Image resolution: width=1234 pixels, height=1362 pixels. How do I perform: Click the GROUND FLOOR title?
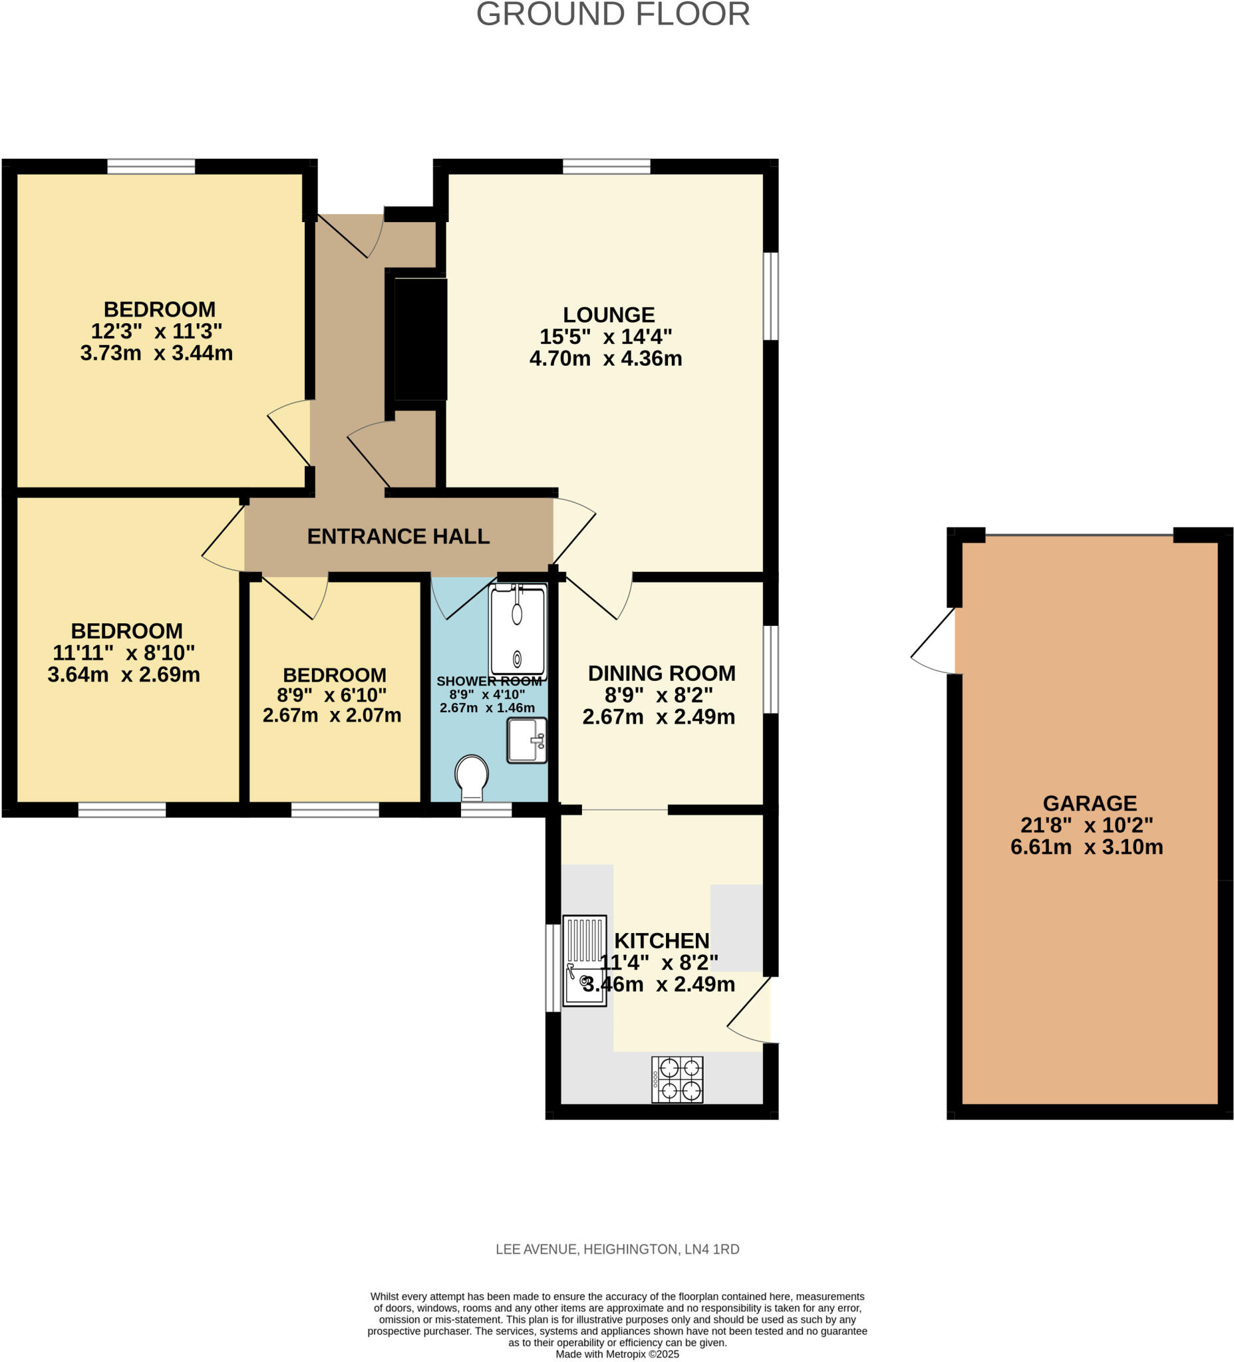(612, 15)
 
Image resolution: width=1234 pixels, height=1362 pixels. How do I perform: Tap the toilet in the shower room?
(472, 775)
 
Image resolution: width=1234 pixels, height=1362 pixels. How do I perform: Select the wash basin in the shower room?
(526, 740)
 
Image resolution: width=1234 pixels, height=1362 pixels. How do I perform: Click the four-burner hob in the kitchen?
(677, 1079)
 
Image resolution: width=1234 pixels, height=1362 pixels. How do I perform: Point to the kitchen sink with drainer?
(584, 960)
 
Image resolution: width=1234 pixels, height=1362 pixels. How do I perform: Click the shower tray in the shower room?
(517, 632)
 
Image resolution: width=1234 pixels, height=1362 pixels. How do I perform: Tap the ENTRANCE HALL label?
(398, 537)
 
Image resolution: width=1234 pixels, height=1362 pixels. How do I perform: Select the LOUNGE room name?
(608, 315)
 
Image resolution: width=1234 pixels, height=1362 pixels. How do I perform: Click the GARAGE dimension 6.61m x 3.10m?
(1086, 847)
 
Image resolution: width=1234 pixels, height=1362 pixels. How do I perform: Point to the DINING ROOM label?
(661, 673)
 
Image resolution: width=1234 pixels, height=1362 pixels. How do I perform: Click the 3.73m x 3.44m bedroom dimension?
(156, 352)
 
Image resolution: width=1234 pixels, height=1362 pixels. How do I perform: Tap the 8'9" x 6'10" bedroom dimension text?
(331, 694)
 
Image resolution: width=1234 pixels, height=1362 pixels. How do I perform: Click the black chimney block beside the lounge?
(420, 339)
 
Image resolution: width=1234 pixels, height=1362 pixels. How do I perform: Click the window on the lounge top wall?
(605, 166)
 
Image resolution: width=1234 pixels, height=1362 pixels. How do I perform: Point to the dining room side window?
(770, 669)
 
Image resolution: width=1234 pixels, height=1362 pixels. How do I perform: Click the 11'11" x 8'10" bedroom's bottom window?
(122, 809)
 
